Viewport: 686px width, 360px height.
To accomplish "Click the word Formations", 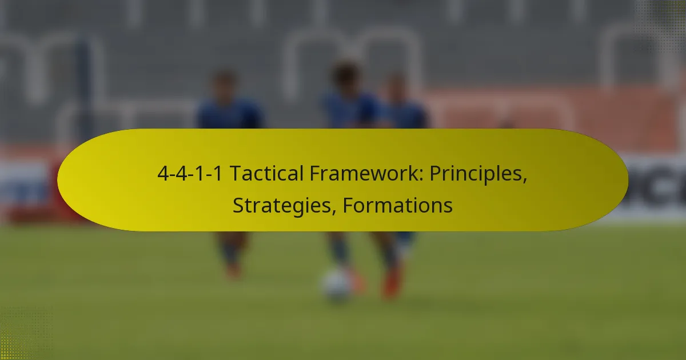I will click(397, 205).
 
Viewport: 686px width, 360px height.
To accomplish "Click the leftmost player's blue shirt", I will click(229, 114).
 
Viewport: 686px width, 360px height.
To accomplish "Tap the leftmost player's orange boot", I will click(233, 270).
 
